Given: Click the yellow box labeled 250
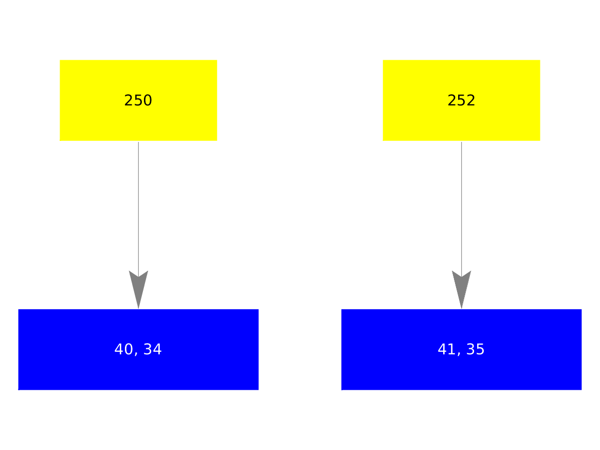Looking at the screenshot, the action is pyautogui.click(x=138, y=100).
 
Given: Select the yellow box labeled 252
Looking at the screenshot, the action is pyautogui.click(x=461, y=100).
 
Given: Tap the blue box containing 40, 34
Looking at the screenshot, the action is pyautogui.click(x=138, y=349).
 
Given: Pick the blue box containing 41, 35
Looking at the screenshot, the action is pyautogui.click(x=461, y=349).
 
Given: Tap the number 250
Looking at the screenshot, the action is pyautogui.click(x=138, y=100).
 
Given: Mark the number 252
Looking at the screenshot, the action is pyautogui.click(x=461, y=100).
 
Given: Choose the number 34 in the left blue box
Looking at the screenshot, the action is pyautogui.click(x=153, y=349).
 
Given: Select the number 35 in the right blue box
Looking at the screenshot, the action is pyautogui.click(x=476, y=349).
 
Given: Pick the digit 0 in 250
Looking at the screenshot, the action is pyautogui.click(x=148, y=100).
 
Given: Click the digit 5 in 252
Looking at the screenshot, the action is pyautogui.click(x=461, y=100).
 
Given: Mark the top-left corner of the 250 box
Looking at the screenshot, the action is pyautogui.click(x=60, y=60).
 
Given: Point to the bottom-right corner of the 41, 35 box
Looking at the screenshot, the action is pyautogui.click(x=581, y=390).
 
